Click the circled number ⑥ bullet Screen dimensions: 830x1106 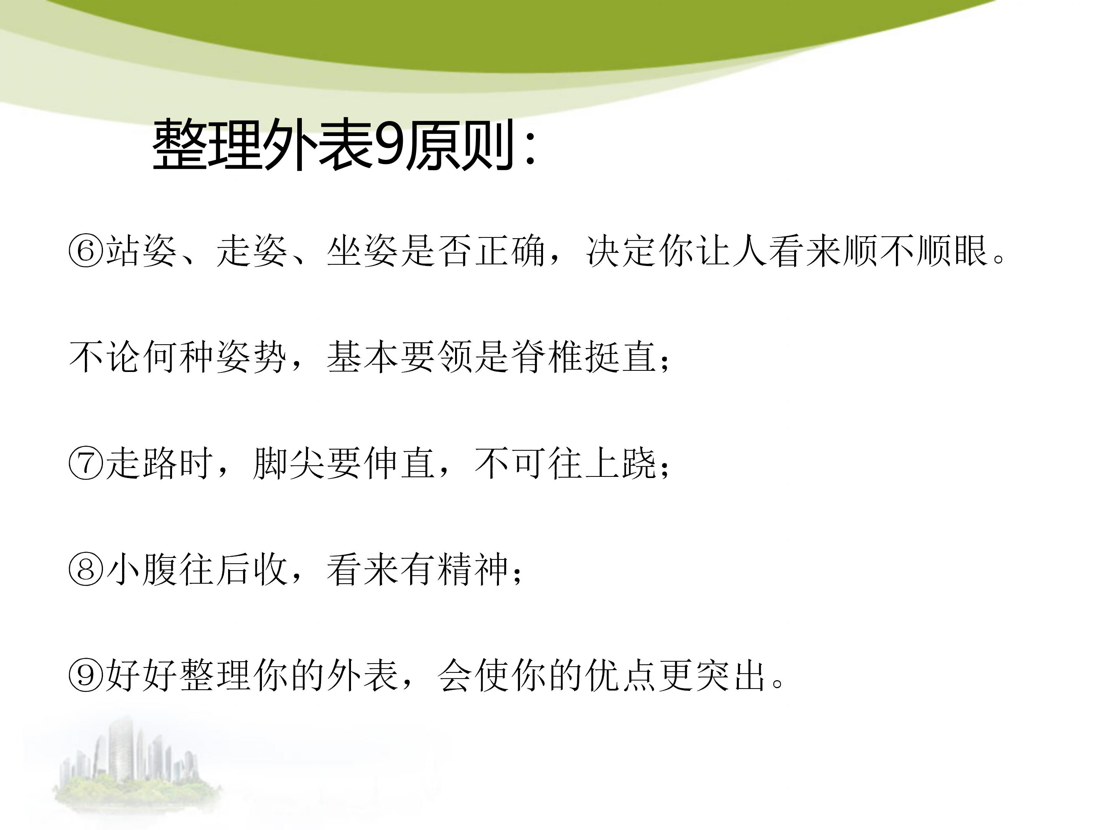coord(86,251)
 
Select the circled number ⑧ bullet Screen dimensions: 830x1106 coord(86,570)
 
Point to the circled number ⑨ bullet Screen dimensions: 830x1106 coord(86,676)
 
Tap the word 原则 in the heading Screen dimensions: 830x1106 coord(459,146)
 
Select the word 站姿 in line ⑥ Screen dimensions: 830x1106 coord(141,251)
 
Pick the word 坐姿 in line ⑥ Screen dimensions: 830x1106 coord(363,251)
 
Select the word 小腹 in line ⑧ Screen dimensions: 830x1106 coord(141,570)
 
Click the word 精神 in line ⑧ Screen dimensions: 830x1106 coord(473,570)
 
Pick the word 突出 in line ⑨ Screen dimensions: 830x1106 coord(730,676)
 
